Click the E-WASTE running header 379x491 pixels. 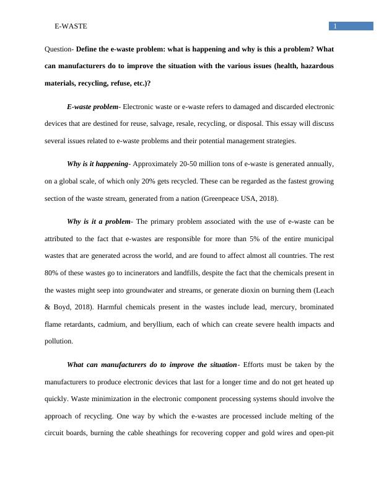click(71, 26)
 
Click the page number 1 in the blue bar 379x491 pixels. click(334, 26)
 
